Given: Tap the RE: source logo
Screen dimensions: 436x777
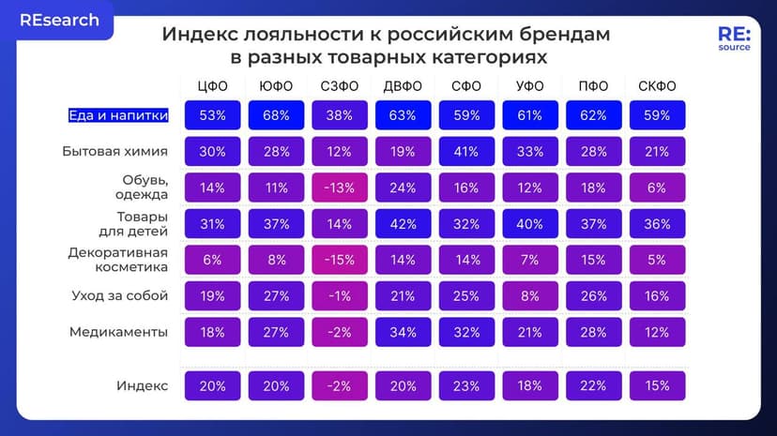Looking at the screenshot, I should click(x=734, y=39).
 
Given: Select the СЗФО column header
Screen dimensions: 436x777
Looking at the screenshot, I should click(x=338, y=86).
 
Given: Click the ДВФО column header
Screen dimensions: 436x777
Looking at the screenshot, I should click(x=402, y=86).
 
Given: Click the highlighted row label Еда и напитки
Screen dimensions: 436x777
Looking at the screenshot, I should click(x=118, y=116).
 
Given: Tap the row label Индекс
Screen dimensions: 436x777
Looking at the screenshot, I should click(x=143, y=385).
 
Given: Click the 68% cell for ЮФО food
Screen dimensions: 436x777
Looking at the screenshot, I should click(x=275, y=116).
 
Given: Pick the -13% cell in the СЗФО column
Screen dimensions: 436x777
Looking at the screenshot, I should click(x=338, y=188).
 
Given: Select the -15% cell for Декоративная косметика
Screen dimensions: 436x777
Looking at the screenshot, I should click(x=338, y=260).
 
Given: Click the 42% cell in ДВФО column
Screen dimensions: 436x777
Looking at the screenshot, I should click(x=402, y=224).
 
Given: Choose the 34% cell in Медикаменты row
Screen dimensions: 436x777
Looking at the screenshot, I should click(x=402, y=332).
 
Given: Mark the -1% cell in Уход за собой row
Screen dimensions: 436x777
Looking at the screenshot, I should click(x=338, y=296).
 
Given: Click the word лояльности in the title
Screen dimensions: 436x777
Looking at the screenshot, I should click(x=292, y=35).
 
